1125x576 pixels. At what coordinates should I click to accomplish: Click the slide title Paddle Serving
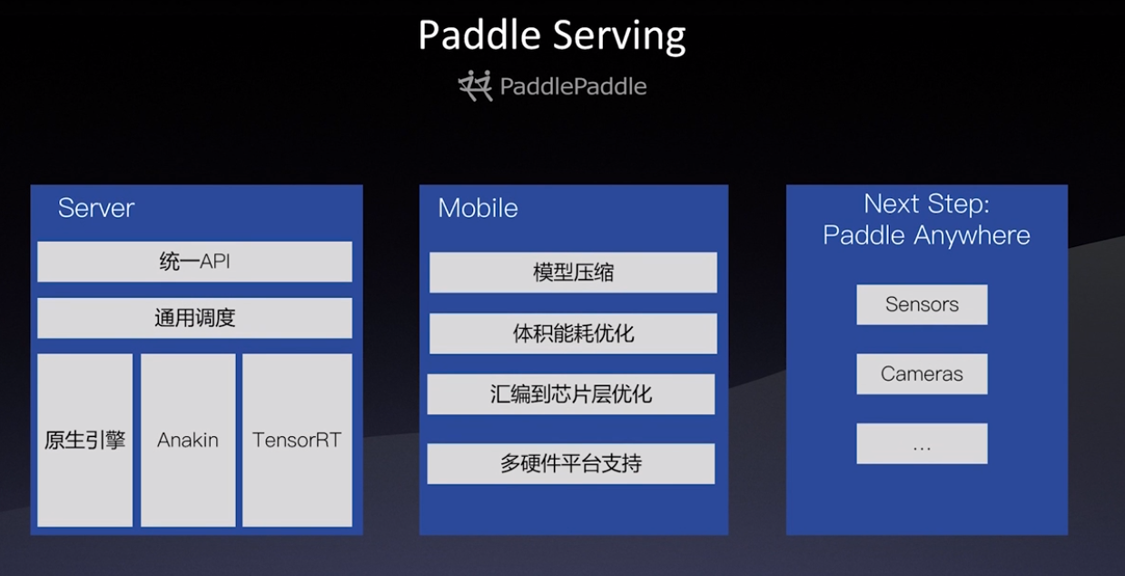pos(551,35)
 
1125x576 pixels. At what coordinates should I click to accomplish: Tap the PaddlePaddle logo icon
pos(475,85)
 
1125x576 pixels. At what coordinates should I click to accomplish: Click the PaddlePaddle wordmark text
pos(573,86)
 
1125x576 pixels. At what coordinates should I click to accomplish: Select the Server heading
pos(96,208)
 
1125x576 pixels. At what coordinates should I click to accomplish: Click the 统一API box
pos(194,262)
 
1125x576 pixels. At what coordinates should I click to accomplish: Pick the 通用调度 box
pos(194,318)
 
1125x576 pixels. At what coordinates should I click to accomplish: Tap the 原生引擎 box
pos(84,441)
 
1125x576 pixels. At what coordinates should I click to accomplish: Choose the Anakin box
pos(188,441)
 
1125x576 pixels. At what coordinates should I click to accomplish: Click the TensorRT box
pos(297,441)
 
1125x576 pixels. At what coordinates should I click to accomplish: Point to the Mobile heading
pos(478,208)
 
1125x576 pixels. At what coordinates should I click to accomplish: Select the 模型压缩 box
pos(573,273)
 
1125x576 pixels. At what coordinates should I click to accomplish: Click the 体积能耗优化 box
pos(573,333)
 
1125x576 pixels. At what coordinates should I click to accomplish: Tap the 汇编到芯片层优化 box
pos(571,394)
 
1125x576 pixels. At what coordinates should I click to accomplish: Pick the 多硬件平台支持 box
pos(571,463)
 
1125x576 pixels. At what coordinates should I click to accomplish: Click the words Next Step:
pos(926,204)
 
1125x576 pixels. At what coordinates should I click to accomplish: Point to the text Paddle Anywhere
pos(926,235)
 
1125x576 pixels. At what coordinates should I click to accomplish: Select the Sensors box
pos(922,304)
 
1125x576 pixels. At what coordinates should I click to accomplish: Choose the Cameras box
pos(922,373)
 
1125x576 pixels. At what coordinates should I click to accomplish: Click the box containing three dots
pos(922,444)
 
